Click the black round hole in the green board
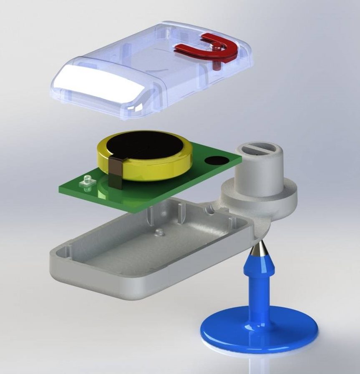point(217,161)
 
